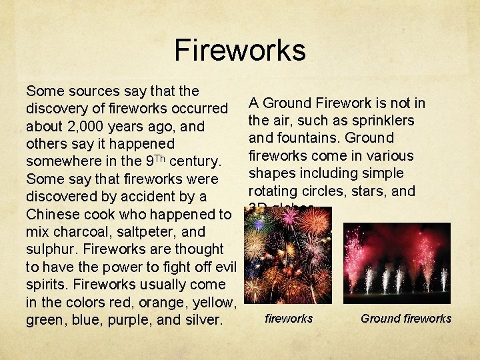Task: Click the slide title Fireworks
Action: point(239,50)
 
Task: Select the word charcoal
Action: point(77,232)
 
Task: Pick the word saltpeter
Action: point(148,232)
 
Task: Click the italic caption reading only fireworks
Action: point(289,319)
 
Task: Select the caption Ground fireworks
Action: point(405,319)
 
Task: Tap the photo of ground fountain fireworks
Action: point(397,259)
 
